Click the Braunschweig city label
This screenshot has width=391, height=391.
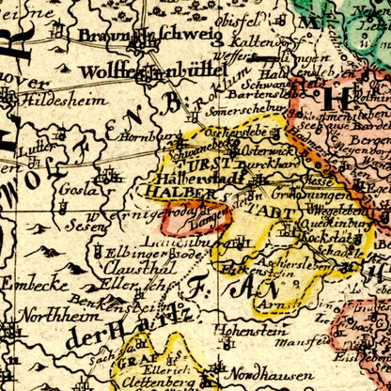(x=149, y=38)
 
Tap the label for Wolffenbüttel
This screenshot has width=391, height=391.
(x=152, y=71)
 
